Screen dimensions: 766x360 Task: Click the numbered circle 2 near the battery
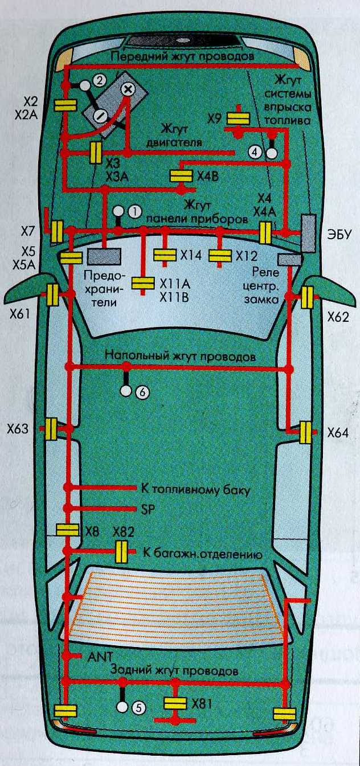[99, 80]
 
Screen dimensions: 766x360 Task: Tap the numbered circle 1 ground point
[134, 210]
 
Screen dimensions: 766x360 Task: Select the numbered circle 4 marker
[256, 152]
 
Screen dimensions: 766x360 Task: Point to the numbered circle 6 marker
[142, 392]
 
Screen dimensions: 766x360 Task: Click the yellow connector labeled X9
[238, 118]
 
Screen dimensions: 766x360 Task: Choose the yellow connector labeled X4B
[183, 175]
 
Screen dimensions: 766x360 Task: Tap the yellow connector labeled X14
[166, 255]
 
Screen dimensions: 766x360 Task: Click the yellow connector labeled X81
[175, 703]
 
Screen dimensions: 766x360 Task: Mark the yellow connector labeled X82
[122, 551]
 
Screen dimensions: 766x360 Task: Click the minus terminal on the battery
[100, 116]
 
